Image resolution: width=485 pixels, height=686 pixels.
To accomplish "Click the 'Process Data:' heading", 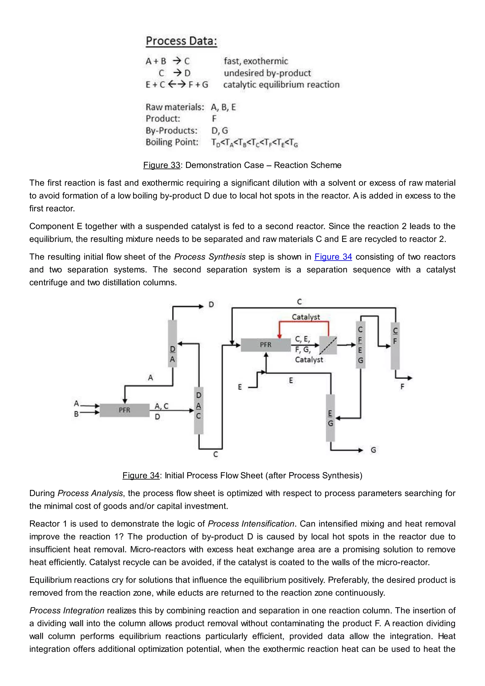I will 181,41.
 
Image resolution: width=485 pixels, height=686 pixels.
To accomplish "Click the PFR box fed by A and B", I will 125,410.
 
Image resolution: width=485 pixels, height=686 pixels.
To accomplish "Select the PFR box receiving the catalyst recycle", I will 265,345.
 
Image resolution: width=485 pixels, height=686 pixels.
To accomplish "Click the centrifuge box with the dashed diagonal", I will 328,345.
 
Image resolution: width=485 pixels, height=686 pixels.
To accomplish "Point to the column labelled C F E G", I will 360,345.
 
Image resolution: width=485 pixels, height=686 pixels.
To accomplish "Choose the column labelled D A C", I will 199,410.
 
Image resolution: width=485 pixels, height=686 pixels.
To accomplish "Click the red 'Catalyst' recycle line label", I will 305,317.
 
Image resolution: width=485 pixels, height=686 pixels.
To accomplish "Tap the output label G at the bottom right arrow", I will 373,450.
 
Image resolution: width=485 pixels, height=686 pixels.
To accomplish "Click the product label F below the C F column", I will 402,387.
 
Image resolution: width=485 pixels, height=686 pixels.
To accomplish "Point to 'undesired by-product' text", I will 267,73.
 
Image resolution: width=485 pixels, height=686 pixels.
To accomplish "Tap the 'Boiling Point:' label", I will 172,142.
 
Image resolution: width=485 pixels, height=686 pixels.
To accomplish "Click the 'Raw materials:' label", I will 175,107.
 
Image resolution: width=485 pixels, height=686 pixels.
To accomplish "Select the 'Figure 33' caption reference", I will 162,165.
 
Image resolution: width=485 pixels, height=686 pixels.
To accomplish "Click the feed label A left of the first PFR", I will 76,403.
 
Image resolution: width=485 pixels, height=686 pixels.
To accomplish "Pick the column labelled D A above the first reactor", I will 173,343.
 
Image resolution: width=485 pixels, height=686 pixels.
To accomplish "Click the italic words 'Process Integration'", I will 67,610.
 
